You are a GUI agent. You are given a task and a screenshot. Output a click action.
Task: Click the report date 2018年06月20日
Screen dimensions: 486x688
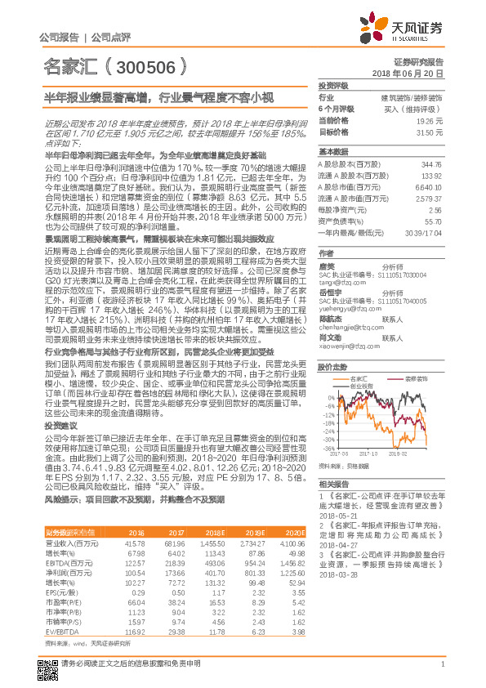[x=419, y=74]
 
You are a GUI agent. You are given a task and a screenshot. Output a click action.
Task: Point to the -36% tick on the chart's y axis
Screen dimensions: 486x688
[x=327, y=449]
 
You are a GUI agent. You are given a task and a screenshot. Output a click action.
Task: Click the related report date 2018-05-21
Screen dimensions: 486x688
[x=339, y=516]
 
